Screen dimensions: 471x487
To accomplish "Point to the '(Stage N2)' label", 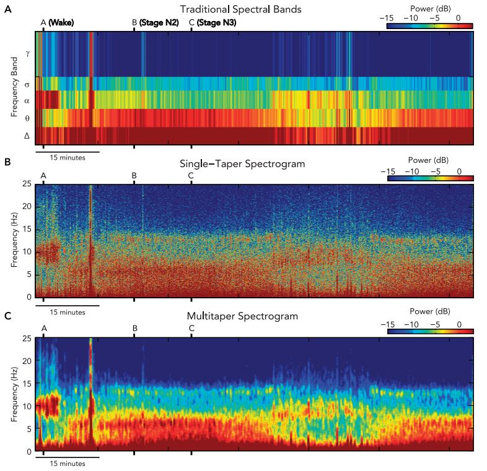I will point(159,23).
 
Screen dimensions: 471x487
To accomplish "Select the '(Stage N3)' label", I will point(216,23).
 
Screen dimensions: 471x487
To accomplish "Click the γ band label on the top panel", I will point(27,54).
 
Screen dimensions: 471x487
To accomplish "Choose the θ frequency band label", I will point(27,118).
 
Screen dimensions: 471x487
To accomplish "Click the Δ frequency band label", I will point(27,136).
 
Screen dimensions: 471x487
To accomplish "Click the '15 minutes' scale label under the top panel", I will point(68,157).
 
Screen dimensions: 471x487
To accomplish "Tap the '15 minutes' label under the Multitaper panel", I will point(68,464).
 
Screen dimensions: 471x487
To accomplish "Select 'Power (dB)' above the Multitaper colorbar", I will point(430,310).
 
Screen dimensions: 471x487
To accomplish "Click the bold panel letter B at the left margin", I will point(7,162).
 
